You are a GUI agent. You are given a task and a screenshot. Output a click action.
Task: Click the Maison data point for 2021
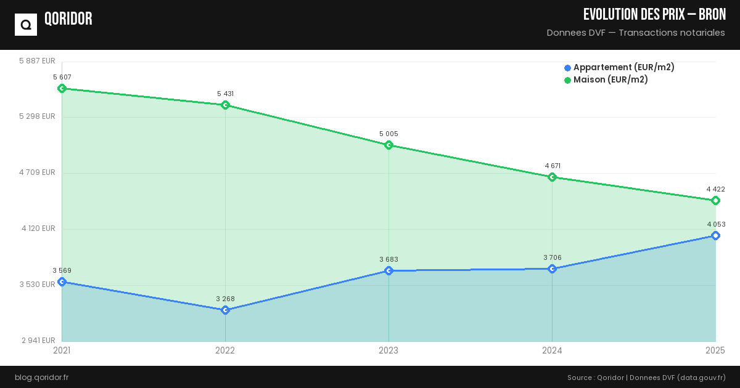[x=62, y=88]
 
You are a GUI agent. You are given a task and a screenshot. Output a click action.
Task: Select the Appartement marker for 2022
[x=225, y=310]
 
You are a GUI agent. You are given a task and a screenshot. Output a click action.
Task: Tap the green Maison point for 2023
[x=388, y=145]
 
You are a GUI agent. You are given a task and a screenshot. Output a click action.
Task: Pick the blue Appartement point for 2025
[x=715, y=236]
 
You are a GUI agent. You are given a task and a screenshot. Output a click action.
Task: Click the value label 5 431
[x=225, y=94]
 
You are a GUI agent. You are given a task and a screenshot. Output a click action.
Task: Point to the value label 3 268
[x=225, y=299]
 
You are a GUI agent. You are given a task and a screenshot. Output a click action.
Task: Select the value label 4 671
[x=553, y=166]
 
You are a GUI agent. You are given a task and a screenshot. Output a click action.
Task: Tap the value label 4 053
[x=716, y=224]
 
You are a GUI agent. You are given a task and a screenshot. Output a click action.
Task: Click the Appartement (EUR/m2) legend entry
[x=619, y=67]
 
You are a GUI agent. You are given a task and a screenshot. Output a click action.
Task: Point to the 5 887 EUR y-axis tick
[x=37, y=61]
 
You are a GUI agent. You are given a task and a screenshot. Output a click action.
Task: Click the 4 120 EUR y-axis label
[x=38, y=228]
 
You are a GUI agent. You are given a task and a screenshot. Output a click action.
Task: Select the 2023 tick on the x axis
[x=388, y=350]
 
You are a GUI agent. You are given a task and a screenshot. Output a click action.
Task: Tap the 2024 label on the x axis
[x=552, y=350]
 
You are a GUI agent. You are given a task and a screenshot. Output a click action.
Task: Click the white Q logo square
[x=26, y=25]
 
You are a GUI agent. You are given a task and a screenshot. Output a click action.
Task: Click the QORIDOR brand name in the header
[x=68, y=19]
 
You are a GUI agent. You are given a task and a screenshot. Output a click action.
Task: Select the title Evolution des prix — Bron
[x=654, y=15]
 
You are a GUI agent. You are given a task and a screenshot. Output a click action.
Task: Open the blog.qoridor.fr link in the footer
[x=41, y=377]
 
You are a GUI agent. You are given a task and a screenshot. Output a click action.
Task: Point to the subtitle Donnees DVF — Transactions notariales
[x=636, y=33]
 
